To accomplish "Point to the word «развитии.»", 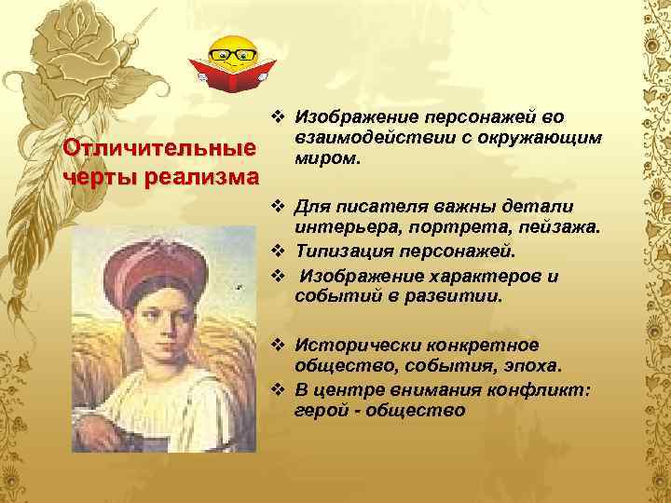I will pos(461,296).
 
